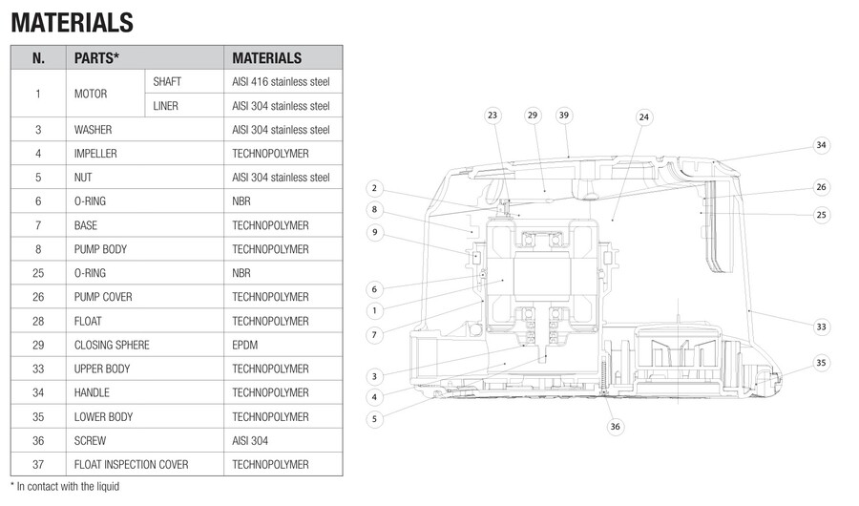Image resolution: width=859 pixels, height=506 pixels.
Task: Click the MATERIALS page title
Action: click(72, 21)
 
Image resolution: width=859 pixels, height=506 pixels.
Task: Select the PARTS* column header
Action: click(96, 58)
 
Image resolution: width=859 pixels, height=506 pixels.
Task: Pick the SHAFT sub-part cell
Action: click(167, 82)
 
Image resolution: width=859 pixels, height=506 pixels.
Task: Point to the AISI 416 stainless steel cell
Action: click(281, 82)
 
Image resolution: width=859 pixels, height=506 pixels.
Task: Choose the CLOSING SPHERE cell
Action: click(112, 345)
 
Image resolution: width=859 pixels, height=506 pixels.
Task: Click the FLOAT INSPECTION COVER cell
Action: click(131, 465)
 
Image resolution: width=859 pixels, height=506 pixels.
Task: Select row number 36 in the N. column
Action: click(38, 441)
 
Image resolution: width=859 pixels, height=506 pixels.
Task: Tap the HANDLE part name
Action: click(92, 392)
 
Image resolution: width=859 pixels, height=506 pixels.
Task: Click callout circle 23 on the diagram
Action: click(492, 115)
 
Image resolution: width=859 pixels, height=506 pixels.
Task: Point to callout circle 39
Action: click(564, 115)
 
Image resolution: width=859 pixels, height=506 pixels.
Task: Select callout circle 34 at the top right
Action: click(821, 145)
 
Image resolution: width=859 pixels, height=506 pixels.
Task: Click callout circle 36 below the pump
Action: click(615, 426)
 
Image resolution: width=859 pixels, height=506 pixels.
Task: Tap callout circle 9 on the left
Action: click(375, 232)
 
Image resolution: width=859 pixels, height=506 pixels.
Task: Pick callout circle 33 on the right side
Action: click(821, 327)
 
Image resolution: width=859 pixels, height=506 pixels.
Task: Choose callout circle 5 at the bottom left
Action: click(375, 418)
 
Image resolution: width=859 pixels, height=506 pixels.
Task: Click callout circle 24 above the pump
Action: click(643, 116)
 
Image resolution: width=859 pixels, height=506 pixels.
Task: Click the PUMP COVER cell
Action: click(103, 297)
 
